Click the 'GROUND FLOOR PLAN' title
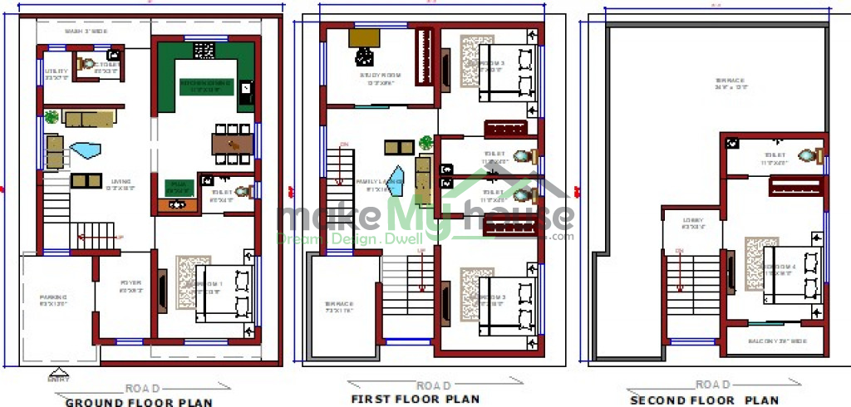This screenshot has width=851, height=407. tap(139, 402)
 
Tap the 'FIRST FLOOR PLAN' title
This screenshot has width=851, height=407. tap(415, 399)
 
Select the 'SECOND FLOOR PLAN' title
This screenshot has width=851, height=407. tap(704, 400)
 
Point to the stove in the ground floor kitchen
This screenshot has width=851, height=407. tap(204, 51)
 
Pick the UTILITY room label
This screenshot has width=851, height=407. tap(56, 75)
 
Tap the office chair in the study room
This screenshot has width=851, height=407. tap(365, 56)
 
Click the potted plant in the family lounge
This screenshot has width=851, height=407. tap(426, 142)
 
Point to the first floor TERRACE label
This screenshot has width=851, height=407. tap(339, 306)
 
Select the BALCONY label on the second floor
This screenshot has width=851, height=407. tap(775, 341)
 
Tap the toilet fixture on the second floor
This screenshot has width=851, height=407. tap(808, 155)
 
